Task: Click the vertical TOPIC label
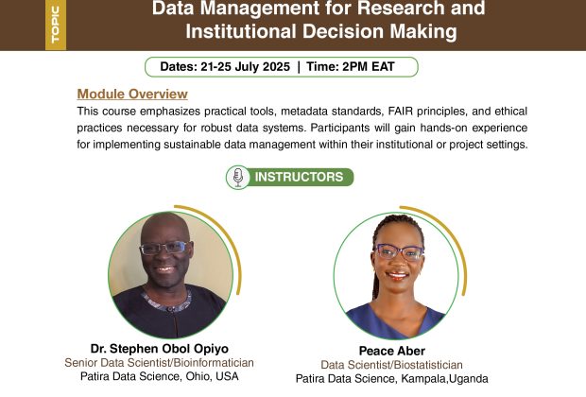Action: click(56, 25)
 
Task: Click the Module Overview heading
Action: click(132, 94)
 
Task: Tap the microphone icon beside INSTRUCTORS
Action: click(238, 177)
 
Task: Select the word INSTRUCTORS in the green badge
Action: click(299, 177)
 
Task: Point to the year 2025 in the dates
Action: click(276, 67)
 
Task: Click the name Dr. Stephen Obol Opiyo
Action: click(160, 349)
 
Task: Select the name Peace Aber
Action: click(392, 351)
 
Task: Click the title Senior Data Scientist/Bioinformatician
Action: click(159, 363)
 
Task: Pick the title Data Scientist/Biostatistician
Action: click(391, 365)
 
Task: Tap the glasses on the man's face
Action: click(164, 248)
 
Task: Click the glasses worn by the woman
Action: click(399, 252)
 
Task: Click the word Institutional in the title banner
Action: click(241, 31)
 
